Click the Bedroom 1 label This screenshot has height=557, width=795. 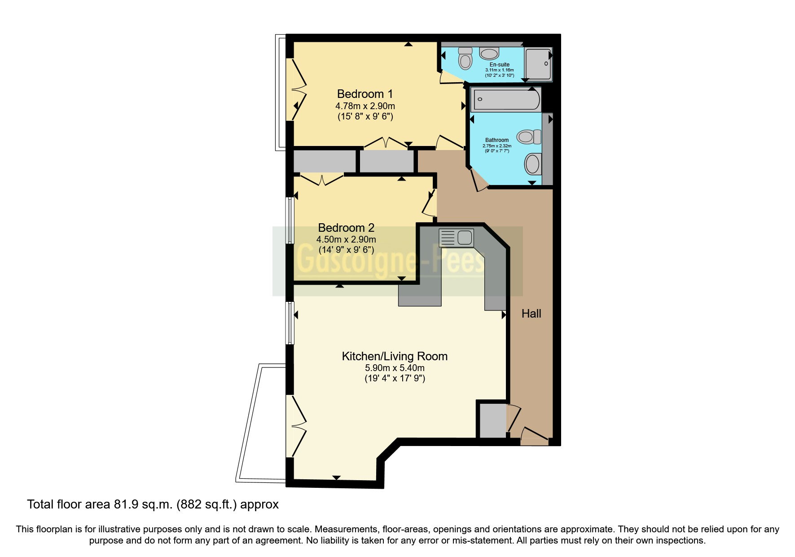point(365,94)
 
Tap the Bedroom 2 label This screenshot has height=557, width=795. point(346,228)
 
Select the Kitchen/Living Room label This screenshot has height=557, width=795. point(395,356)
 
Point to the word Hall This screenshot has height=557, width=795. point(531,314)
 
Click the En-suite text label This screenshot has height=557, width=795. point(499,65)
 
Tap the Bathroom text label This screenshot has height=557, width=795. point(496,140)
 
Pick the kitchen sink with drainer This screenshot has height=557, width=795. point(456,237)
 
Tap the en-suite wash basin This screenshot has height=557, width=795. point(489,54)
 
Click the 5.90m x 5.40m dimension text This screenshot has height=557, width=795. point(395,368)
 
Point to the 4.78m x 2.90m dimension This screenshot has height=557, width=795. point(365,106)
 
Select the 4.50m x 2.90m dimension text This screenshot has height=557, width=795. point(346,239)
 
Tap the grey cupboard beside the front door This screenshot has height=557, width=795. point(492,420)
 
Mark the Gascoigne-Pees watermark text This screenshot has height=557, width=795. point(391,262)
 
